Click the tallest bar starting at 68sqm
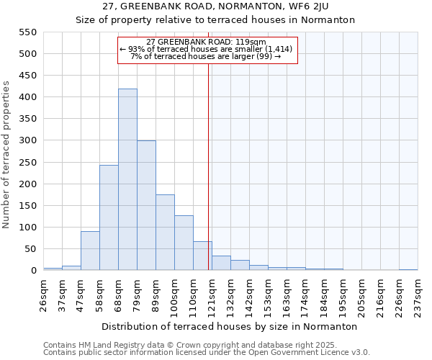tap(127, 180)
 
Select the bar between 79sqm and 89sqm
tap(146, 206)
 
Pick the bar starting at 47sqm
tap(90, 251)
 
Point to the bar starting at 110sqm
tap(202, 256)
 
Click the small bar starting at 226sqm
tap(408, 269)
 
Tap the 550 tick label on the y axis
tap(27, 32)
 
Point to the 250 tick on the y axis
tap(27, 163)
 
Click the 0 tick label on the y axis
tap(33, 271)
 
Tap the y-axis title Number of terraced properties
tap(7, 155)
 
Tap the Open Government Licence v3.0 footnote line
tap(206, 353)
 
